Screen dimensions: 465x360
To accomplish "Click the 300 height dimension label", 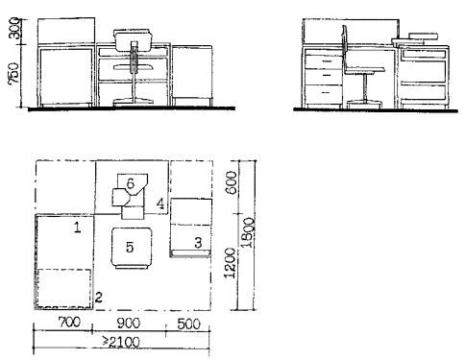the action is [15, 29].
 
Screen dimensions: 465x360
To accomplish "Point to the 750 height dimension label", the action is [14, 74].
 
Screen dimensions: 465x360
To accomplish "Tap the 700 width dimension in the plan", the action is [69, 322].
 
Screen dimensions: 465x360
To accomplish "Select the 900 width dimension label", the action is [128, 323].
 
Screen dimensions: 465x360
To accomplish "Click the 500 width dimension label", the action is [188, 324].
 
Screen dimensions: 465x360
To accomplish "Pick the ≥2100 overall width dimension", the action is [121, 342].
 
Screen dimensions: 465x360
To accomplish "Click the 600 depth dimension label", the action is [231, 182].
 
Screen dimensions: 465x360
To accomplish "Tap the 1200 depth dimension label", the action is [231, 263].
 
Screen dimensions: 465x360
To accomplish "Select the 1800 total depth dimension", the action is [248, 232].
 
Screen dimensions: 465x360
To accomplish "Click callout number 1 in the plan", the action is [78, 228].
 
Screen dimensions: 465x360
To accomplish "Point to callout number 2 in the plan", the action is [98, 298].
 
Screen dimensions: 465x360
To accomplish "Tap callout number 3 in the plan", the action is [198, 243].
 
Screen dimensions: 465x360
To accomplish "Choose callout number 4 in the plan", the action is [160, 204].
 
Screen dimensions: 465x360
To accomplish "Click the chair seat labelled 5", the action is [132, 248].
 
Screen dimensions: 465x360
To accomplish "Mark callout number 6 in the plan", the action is [131, 183].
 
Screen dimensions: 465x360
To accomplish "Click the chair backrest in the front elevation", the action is [133, 40].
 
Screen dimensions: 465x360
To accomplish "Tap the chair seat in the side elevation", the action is [364, 70].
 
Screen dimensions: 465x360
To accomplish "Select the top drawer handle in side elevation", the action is [327, 60].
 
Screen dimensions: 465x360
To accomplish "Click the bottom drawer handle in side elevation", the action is [327, 93].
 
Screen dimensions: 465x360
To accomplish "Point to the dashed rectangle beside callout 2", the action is [63, 289].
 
